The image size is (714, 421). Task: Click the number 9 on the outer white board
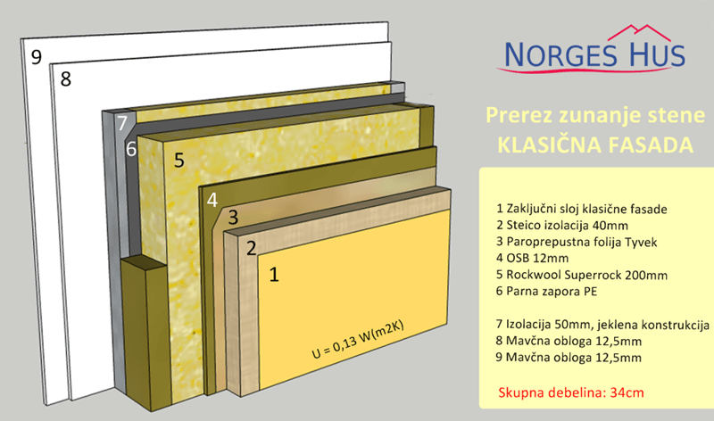[37, 57]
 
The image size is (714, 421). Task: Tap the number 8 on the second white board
[66, 79]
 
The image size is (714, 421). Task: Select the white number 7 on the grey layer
[122, 123]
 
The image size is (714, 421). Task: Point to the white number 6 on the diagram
[131, 149]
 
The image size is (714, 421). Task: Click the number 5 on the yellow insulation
[179, 161]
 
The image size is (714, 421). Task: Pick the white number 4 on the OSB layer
[212, 201]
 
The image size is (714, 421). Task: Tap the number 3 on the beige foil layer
[233, 218]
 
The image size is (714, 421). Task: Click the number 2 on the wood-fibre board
[252, 249]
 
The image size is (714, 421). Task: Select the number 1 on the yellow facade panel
[274, 275]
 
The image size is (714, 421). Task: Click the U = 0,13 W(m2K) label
[358, 339]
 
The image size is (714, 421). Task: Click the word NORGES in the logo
[561, 55]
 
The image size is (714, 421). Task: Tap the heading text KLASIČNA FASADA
[595, 145]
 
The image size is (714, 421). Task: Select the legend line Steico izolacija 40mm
[562, 226]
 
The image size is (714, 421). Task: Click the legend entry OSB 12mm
[532, 258]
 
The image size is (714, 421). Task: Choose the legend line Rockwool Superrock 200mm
[582, 275]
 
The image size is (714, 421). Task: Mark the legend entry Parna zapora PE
[546, 292]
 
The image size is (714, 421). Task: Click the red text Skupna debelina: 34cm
[571, 392]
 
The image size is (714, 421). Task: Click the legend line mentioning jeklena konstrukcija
[602, 325]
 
